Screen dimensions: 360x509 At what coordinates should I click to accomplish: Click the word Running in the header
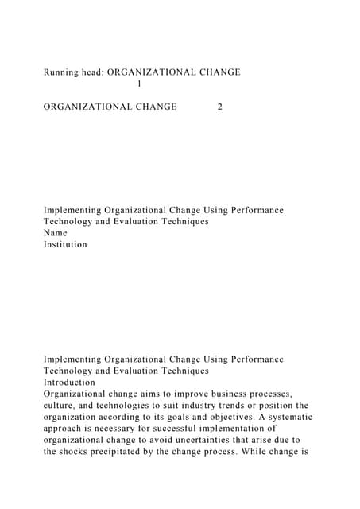tap(61, 72)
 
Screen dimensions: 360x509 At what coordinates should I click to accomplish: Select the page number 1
tap(140, 84)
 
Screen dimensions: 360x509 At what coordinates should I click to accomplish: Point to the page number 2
tap(219, 107)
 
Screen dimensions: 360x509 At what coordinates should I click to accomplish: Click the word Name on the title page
tap(55, 233)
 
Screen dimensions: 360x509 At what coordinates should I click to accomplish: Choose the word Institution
tap(65, 245)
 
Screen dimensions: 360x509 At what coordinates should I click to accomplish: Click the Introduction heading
tap(69, 383)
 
